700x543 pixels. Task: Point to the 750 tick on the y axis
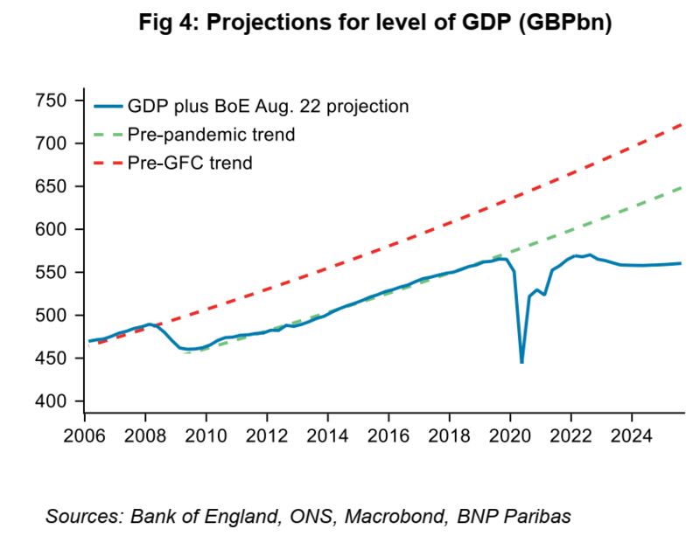tap(53, 101)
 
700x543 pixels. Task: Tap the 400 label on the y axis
tap(53, 401)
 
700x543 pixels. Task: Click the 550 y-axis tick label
tap(53, 273)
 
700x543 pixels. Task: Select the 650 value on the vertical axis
tap(53, 186)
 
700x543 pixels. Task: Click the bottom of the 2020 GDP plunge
tap(521, 362)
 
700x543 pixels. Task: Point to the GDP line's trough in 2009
tap(191, 349)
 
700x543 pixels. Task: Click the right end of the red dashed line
tap(681, 124)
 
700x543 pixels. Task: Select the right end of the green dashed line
tap(681, 187)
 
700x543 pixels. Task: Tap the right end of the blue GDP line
tap(681, 263)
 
